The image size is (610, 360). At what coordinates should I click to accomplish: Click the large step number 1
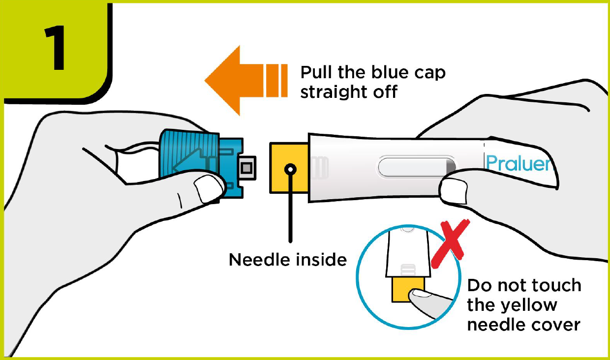click(x=55, y=49)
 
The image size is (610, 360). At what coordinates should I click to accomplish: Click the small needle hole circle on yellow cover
click(x=291, y=169)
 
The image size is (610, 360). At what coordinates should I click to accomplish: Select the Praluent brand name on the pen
click(x=519, y=163)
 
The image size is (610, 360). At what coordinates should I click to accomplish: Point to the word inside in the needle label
click(x=320, y=259)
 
